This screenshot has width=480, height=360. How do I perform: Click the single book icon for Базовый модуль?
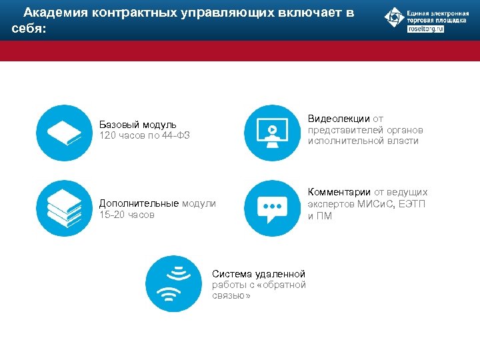tap(64, 133)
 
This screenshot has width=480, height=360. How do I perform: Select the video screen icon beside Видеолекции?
tap(272, 133)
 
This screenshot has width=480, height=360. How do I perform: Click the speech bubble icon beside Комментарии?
tap(272, 208)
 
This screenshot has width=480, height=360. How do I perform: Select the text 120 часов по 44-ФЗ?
tap(145, 136)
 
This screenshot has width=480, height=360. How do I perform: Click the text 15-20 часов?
tap(127, 215)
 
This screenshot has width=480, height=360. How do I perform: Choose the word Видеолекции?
tap(339, 119)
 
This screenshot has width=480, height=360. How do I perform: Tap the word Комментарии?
tap(339, 193)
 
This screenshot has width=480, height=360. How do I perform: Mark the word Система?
tap(229, 274)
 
